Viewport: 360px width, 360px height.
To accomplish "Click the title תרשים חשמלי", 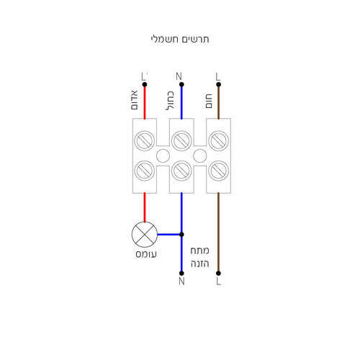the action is pyautogui.click(x=180, y=40).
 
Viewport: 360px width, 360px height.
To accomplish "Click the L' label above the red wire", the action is pyautogui.click(x=144, y=77).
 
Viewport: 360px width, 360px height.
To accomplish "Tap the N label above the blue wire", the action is pyautogui.click(x=179, y=76).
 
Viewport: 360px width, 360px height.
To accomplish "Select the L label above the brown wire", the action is pyautogui.click(x=217, y=77).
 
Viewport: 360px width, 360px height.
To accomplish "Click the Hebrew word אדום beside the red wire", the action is pyautogui.click(x=135, y=100).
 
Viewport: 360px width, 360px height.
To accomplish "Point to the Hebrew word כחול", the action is pyautogui.click(x=170, y=101).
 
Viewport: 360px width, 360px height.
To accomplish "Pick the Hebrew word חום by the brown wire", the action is pyautogui.click(x=209, y=101).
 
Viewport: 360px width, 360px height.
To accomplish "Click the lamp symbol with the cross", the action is pyautogui.click(x=145, y=235).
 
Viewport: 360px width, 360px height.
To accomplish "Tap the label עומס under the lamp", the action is pyautogui.click(x=146, y=254).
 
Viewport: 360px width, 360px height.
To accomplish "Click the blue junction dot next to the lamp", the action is pyautogui.click(x=181, y=235).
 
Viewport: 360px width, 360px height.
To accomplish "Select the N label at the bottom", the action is pyautogui.click(x=181, y=282).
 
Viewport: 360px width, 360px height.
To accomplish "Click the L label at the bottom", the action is pyautogui.click(x=218, y=282).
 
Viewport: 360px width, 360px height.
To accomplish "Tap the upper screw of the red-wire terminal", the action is pyautogui.click(x=145, y=140).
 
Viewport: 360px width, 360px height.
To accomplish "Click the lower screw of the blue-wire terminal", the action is pyautogui.click(x=181, y=171).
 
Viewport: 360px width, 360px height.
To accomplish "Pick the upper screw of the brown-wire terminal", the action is pyautogui.click(x=218, y=140).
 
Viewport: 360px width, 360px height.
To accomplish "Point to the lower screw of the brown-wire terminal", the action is pyautogui.click(x=218, y=171).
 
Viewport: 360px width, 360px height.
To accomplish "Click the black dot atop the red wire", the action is pyautogui.click(x=145, y=84).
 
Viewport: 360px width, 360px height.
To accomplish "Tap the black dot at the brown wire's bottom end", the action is pyautogui.click(x=218, y=274).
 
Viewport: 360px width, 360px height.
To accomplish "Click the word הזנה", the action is pyautogui.click(x=200, y=264).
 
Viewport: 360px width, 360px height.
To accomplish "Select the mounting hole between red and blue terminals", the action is pyautogui.click(x=163, y=156).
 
